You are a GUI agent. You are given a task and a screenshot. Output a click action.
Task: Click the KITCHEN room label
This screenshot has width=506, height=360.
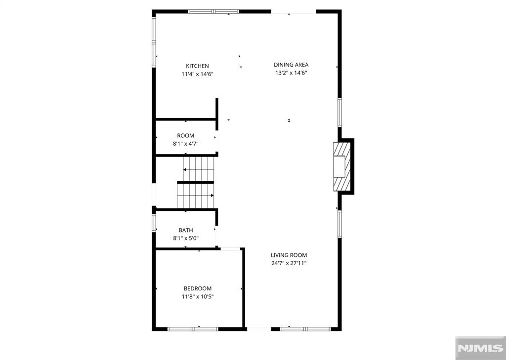click(x=197, y=66)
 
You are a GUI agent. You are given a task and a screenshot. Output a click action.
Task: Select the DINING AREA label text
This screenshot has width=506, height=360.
click(x=291, y=65)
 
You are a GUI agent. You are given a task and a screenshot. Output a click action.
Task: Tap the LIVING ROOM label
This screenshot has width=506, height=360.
click(x=289, y=255)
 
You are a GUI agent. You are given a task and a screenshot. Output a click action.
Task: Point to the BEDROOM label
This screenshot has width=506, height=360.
click(x=198, y=288)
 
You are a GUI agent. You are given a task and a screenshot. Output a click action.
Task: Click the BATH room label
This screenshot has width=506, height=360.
click(x=186, y=230)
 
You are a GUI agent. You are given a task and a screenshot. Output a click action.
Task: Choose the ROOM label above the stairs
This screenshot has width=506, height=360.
click(x=186, y=135)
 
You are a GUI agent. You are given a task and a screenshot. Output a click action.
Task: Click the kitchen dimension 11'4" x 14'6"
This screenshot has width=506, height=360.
click(x=198, y=74)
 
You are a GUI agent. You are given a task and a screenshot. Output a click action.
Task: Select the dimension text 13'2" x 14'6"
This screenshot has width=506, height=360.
click(x=291, y=73)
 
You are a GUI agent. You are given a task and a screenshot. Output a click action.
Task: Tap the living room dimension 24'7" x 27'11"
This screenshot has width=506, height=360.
click(x=289, y=263)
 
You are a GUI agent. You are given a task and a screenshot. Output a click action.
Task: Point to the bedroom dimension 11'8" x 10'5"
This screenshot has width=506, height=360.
click(x=198, y=296)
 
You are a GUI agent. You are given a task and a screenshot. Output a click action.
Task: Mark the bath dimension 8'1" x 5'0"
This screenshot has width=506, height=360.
click(x=186, y=239)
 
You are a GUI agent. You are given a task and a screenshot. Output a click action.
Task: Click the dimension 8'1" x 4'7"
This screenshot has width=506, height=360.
click(x=186, y=144)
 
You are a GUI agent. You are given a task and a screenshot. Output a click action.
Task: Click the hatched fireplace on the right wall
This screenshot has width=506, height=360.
click(x=342, y=166)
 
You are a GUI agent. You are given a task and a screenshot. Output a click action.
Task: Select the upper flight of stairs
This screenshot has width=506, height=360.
click(x=199, y=169)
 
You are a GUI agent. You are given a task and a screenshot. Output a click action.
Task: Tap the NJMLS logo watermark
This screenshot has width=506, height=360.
click(x=480, y=348)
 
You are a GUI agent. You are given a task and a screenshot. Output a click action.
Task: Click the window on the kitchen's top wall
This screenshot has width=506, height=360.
click(x=213, y=12)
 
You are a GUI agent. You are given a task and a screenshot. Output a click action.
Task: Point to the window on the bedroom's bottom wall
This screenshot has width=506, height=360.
click(x=193, y=329)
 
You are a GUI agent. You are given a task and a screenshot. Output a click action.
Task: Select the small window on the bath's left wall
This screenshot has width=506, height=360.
click(x=154, y=223)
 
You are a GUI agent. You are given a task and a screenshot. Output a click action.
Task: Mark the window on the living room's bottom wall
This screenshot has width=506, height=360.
click(x=305, y=329)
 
